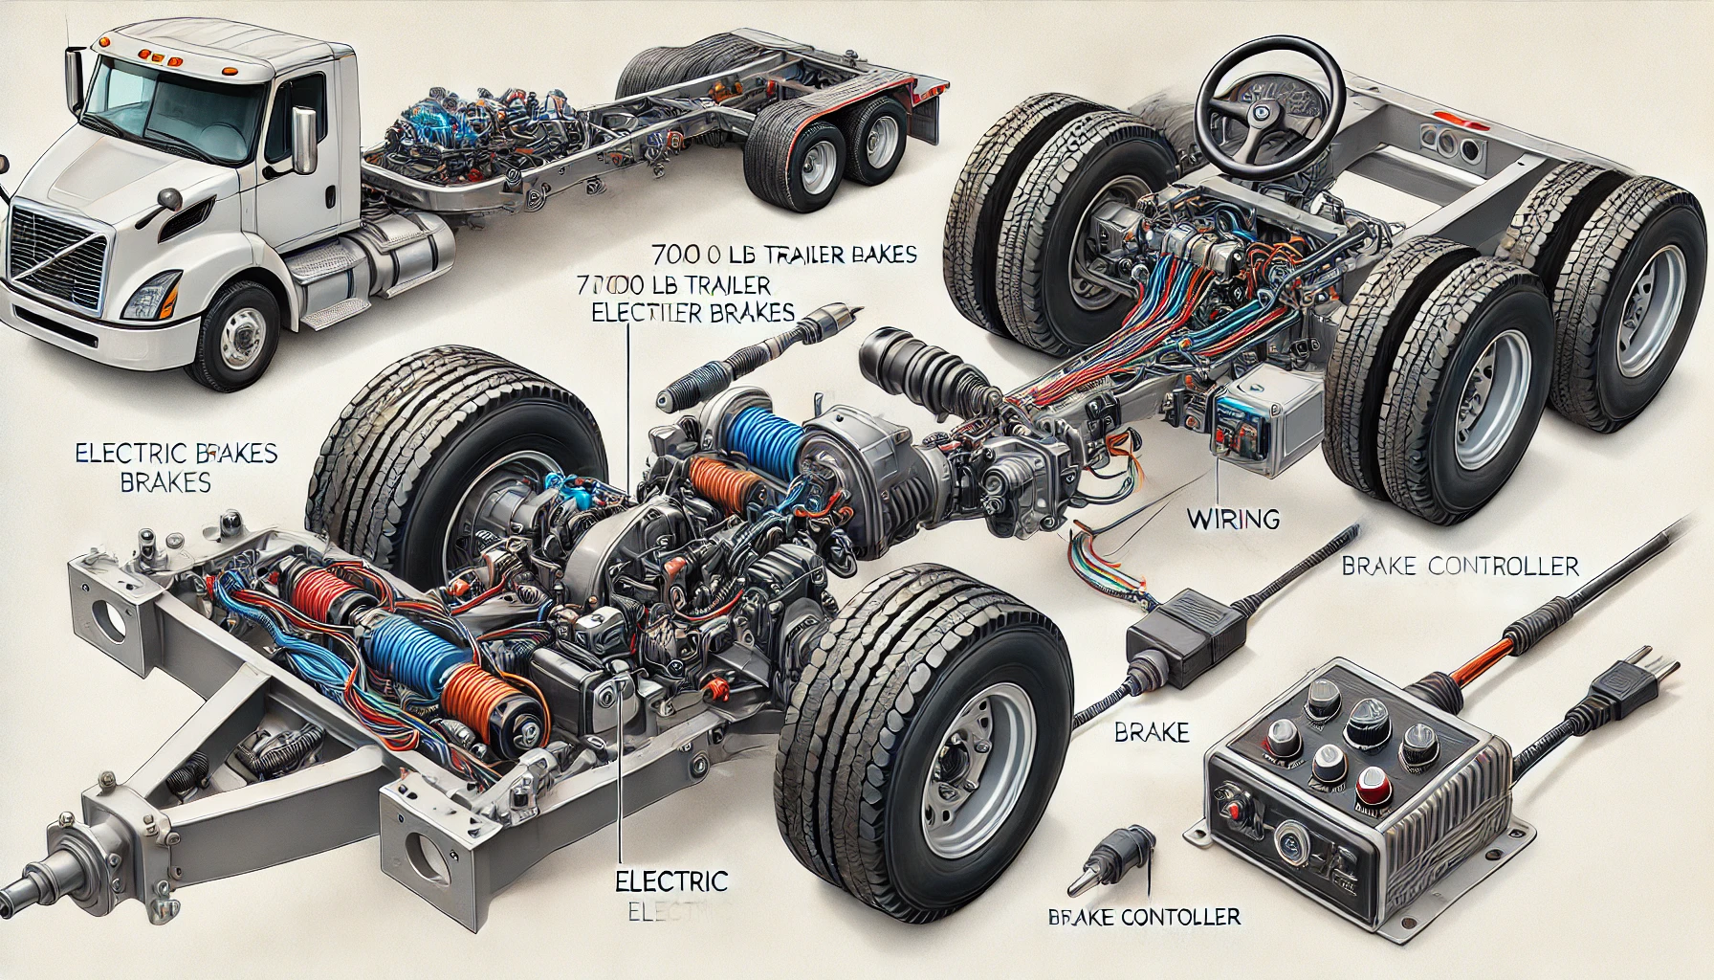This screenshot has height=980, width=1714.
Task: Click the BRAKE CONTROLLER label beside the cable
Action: [1460, 567]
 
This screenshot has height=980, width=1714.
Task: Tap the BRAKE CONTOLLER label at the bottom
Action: [1144, 917]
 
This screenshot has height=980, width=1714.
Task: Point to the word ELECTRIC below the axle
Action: [672, 880]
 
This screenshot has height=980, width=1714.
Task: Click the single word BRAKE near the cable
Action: [1152, 733]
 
